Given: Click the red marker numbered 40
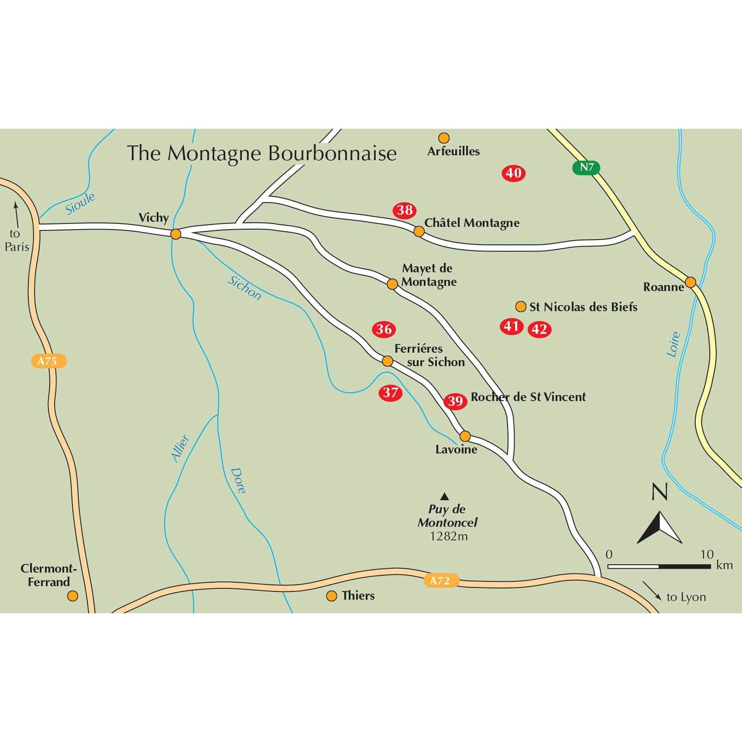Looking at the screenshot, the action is [513, 173].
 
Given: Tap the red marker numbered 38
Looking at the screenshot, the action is [405, 210].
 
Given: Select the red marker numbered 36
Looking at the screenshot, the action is [384, 329].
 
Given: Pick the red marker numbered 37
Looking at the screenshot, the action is [390, 393].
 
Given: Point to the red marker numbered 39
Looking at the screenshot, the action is [455, 401].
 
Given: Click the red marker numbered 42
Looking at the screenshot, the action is [539, 329].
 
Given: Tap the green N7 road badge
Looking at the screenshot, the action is [587, 168].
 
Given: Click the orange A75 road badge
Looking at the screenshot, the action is [48, 361].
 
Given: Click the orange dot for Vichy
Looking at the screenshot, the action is [175, 234].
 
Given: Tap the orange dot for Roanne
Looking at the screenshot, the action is [690, 282].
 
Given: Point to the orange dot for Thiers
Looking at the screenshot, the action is [332, 596].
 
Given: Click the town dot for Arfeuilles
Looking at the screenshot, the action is [444, 138].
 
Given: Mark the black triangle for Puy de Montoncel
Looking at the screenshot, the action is [444, 496].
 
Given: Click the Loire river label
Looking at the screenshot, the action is [674, 344].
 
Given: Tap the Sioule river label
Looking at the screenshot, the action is [80, 203].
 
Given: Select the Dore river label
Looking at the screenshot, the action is [238, 481].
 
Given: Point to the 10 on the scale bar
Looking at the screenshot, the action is [707, 554].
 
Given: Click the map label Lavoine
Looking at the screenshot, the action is [456, 449].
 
